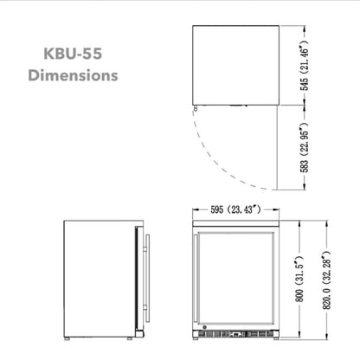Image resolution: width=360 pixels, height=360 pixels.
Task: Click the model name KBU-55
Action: click(x=73, y=53)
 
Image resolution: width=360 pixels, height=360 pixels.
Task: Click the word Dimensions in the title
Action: click(x=73, y=75)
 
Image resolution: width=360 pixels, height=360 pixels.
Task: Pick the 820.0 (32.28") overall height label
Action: click(x=328, y=279)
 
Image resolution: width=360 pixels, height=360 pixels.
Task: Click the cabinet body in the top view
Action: click(x=235, y=66)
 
